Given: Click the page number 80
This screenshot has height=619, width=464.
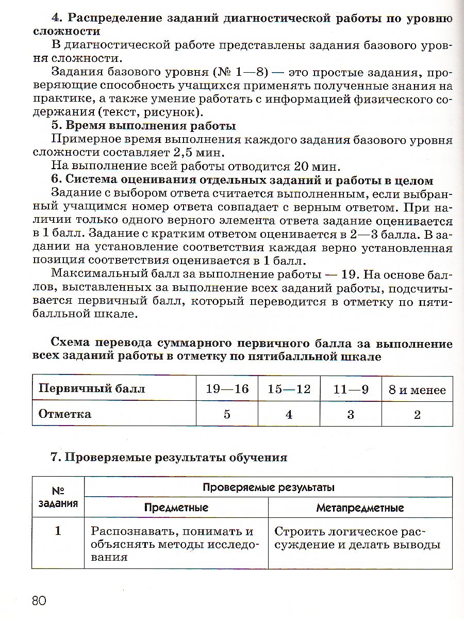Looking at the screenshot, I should click(x=39, y=600).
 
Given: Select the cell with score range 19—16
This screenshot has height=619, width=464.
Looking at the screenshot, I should click(x=227, y=389).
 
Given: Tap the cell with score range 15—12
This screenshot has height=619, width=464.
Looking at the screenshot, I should click(x=289, y=389).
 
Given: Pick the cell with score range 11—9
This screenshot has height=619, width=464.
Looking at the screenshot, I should click(x=351, y=389).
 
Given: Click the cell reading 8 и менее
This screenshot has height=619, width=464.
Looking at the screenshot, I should click(x=417, y=390).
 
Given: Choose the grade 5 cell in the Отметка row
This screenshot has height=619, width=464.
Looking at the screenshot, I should click(x=227, y=414).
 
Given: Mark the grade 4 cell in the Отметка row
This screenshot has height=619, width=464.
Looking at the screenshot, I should click(x=289, y=414).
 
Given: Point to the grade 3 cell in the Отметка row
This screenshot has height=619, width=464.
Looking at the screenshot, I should click(x=351, y=414).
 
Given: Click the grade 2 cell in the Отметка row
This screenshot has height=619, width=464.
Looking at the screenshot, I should click(x=417, y=414).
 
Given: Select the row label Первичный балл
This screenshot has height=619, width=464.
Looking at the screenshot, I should click(x=92, y=389).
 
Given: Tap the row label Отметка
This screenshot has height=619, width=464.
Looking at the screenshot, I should click(x=65, y=414).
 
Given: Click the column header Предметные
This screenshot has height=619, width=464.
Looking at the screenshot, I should click(x=176, y=508).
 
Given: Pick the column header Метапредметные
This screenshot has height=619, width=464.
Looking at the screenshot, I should click(x=360, y=508).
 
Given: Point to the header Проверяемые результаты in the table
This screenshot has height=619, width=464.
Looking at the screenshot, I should click(x=268, y=487).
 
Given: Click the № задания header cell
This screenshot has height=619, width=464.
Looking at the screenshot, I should click(x=58, y=497).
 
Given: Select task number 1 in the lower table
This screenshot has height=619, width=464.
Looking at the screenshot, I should click(x=58, y=531).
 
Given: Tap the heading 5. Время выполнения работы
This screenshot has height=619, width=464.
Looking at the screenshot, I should click(x=144, y=126).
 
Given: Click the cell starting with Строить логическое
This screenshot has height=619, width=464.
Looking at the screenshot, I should click(x=357, y=538).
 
